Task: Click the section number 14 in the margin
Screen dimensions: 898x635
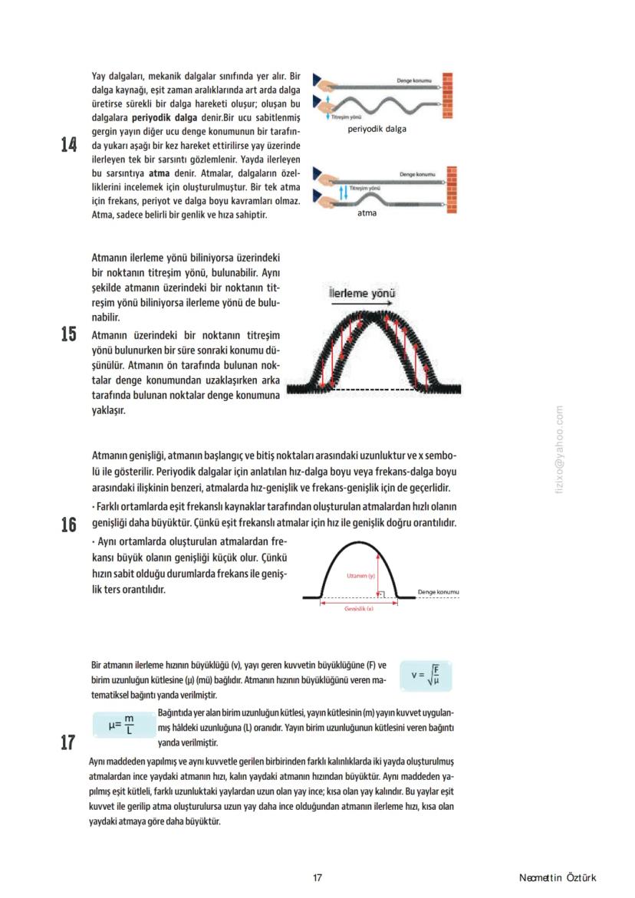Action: (69, 145)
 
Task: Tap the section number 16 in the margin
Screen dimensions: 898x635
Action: (69, 525)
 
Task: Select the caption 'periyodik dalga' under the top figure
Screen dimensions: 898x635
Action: (377, 129)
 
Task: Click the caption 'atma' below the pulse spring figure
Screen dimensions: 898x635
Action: (367, 213)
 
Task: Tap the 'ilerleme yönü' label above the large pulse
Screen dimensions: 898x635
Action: (363, 293)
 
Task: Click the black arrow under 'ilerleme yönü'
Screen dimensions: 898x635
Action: (363, 304)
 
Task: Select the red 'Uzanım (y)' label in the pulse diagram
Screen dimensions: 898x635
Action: (360, 575)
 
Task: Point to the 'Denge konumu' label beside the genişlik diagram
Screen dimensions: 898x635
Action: (438, 592)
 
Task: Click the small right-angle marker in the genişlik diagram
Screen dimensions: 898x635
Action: (382, 594)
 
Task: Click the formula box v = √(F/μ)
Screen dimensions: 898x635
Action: (426, 676)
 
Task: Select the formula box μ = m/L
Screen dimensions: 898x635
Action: (121, 724)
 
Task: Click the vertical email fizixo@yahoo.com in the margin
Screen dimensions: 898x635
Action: (559, 449)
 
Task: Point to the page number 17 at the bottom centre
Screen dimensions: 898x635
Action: (317, 877)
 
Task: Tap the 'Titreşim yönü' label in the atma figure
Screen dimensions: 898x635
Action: (365, 188)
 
